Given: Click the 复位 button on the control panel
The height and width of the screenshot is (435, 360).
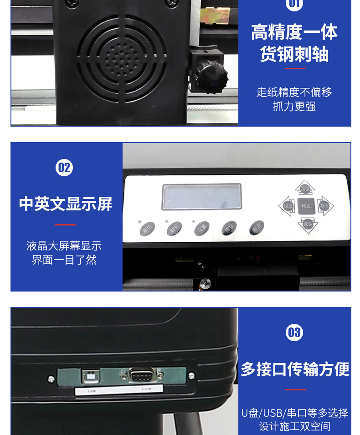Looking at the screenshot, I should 147,228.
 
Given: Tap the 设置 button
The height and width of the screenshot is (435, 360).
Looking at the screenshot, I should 201,228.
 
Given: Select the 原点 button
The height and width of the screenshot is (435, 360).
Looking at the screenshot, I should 257,228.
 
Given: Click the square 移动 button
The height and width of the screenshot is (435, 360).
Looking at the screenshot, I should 306,206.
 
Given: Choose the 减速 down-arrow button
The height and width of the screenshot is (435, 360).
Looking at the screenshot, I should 308,224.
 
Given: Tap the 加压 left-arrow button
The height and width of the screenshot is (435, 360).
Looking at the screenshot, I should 288,206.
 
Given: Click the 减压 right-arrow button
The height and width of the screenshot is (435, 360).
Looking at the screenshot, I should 324,206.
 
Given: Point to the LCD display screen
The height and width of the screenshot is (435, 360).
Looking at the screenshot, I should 202,197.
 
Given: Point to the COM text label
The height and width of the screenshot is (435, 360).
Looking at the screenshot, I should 146,389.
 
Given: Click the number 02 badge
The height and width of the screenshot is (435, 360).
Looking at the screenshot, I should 64,168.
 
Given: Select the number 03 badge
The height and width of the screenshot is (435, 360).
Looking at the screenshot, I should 294,332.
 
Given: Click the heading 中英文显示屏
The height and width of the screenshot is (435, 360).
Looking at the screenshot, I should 66,204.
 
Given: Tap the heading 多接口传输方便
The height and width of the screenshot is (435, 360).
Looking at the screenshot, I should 295,369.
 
